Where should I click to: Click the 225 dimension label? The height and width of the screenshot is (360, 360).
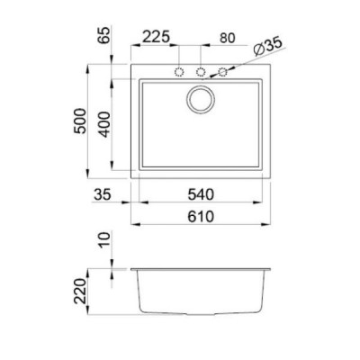click(x=156, y=37)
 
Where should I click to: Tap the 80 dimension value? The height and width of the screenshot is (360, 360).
click(x=228, y=39)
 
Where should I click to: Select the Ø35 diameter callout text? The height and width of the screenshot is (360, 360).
click(x=268, y=47)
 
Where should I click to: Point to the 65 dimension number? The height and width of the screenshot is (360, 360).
click(x=105, y=35)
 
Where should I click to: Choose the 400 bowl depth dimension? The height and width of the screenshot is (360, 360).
click(x=104, y=124)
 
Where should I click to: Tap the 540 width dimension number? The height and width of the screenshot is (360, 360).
click(x=201, y=194)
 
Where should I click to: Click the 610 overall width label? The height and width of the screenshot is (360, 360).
click(x=201, y=217)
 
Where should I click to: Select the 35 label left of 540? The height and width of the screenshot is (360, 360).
click(x=103, y=194)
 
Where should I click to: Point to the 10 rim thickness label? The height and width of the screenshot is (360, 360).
click(x=104, y=240)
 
